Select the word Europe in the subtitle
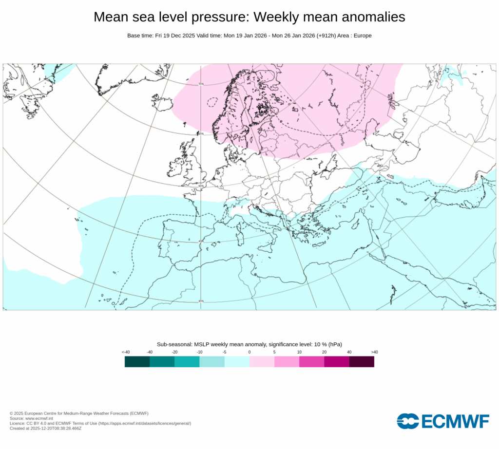click(x=362, y=36)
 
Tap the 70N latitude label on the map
click(x=201, y=84)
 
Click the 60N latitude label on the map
click(x=200, y=133)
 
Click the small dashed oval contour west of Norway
click(x=212, y=103)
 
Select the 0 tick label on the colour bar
click(x=249, y=352)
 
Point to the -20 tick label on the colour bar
click(x=174, y=352)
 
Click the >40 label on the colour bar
click(x=374, y=352)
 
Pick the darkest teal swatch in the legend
click(x=137, y=361)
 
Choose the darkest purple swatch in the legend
click(x=362, y=361)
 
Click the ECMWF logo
click(x=442, y=421)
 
